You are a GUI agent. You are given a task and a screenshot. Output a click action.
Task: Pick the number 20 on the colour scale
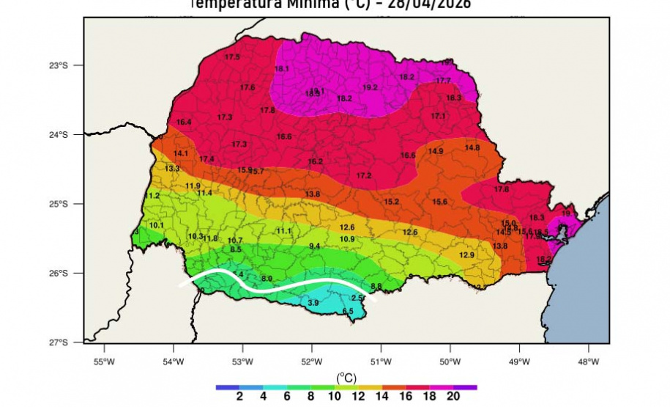(453, 397)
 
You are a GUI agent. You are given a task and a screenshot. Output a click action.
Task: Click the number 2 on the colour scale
(239, 397)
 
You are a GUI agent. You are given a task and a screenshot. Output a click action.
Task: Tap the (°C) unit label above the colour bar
(346, 378)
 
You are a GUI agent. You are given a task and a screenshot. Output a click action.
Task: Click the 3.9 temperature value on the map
(313, 302)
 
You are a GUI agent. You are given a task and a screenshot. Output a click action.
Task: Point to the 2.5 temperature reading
(357, 298)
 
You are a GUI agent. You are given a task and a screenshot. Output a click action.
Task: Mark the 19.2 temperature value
(370, 87)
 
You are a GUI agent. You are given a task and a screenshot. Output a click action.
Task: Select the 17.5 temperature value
(232, 56)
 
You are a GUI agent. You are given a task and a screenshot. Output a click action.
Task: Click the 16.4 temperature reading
(184, 122)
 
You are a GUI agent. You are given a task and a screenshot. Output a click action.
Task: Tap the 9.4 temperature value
(315, 246)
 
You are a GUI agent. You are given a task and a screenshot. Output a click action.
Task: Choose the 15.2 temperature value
(391, 202)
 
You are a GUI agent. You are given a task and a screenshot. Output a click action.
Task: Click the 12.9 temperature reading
(466, 254)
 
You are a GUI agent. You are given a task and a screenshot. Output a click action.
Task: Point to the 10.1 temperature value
(157, 225)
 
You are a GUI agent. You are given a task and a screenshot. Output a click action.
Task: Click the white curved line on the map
(278, 287)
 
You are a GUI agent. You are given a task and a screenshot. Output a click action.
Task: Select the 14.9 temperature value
(436, 151)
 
